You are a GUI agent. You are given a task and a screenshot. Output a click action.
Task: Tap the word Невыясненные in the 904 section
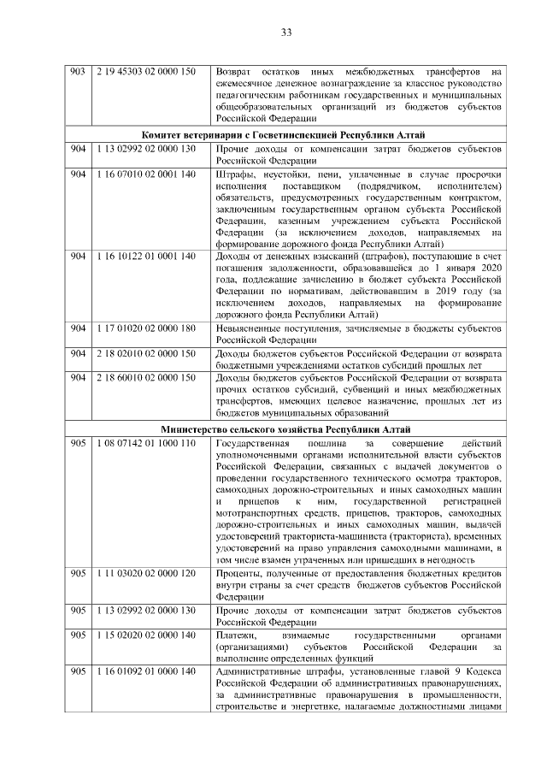253,328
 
